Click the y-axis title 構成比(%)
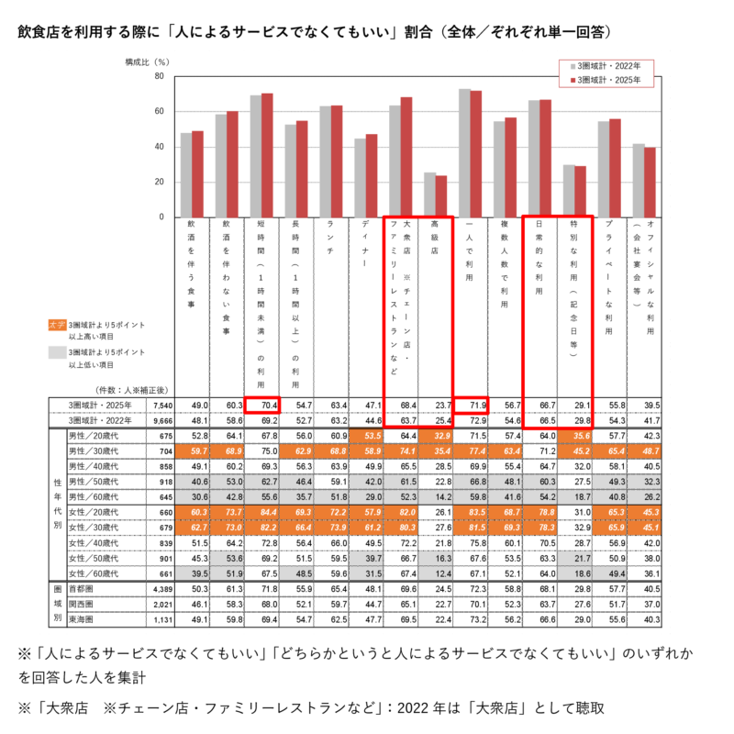point(148,61)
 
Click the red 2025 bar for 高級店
point(441,196)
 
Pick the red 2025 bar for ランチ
point(337,161)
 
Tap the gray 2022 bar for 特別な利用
point(569,191)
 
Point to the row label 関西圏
point(81,606)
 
